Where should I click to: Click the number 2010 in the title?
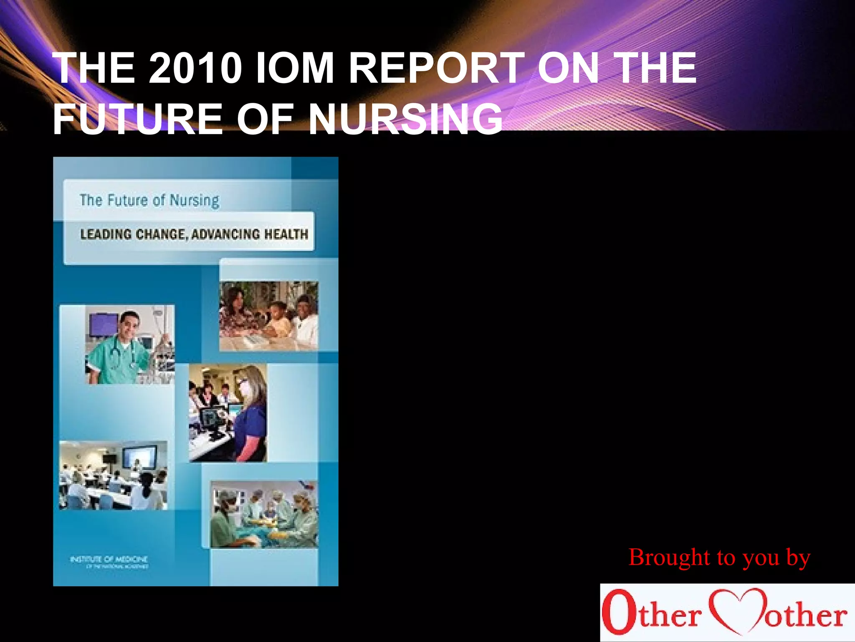click(195, 68)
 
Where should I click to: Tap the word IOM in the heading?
click(294, 68)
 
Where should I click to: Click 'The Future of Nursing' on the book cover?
click(149, 200)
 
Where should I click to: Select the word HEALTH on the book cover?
click(286, 234)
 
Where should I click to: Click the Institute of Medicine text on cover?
click(109, 560)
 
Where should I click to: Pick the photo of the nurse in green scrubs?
click(130, 344)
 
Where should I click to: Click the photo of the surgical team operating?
click(264, 514)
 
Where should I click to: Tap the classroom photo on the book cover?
click(113, 475)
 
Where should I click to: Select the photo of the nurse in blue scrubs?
click(228, 413)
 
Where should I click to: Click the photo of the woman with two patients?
click(268, 316)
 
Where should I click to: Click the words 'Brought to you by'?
click(719, 558)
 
